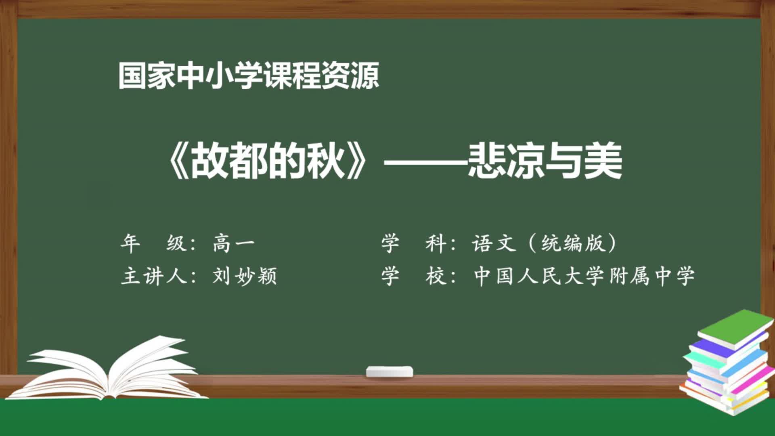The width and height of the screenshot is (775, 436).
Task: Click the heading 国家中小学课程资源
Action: point(249,75)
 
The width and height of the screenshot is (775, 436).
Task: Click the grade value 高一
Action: point(234,243)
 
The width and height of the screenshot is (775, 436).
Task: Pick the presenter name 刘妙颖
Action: point(244,277)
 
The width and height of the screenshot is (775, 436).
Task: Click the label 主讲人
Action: point(153,277)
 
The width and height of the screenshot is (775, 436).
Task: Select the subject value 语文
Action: point(494,243)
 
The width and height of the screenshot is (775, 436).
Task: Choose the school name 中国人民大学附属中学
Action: point(584,277)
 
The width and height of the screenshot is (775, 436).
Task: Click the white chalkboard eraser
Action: point(390,371)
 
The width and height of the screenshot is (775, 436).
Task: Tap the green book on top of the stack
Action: point(731,329)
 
